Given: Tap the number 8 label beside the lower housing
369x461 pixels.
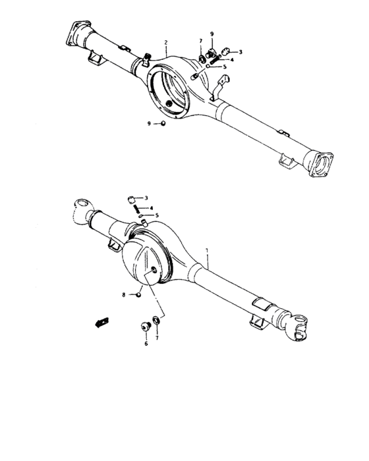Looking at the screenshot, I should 123,294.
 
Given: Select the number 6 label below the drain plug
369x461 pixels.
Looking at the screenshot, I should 146,342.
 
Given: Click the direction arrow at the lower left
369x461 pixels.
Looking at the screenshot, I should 101,322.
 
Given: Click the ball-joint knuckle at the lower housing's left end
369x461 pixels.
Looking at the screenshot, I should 81,208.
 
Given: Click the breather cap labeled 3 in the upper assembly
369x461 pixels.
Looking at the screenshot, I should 225,51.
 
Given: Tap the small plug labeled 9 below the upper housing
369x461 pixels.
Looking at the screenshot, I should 163,124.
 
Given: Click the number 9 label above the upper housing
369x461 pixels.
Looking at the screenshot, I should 212,34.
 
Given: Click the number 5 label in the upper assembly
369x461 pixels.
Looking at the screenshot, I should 225,67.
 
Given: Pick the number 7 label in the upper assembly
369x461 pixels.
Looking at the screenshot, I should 200,41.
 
